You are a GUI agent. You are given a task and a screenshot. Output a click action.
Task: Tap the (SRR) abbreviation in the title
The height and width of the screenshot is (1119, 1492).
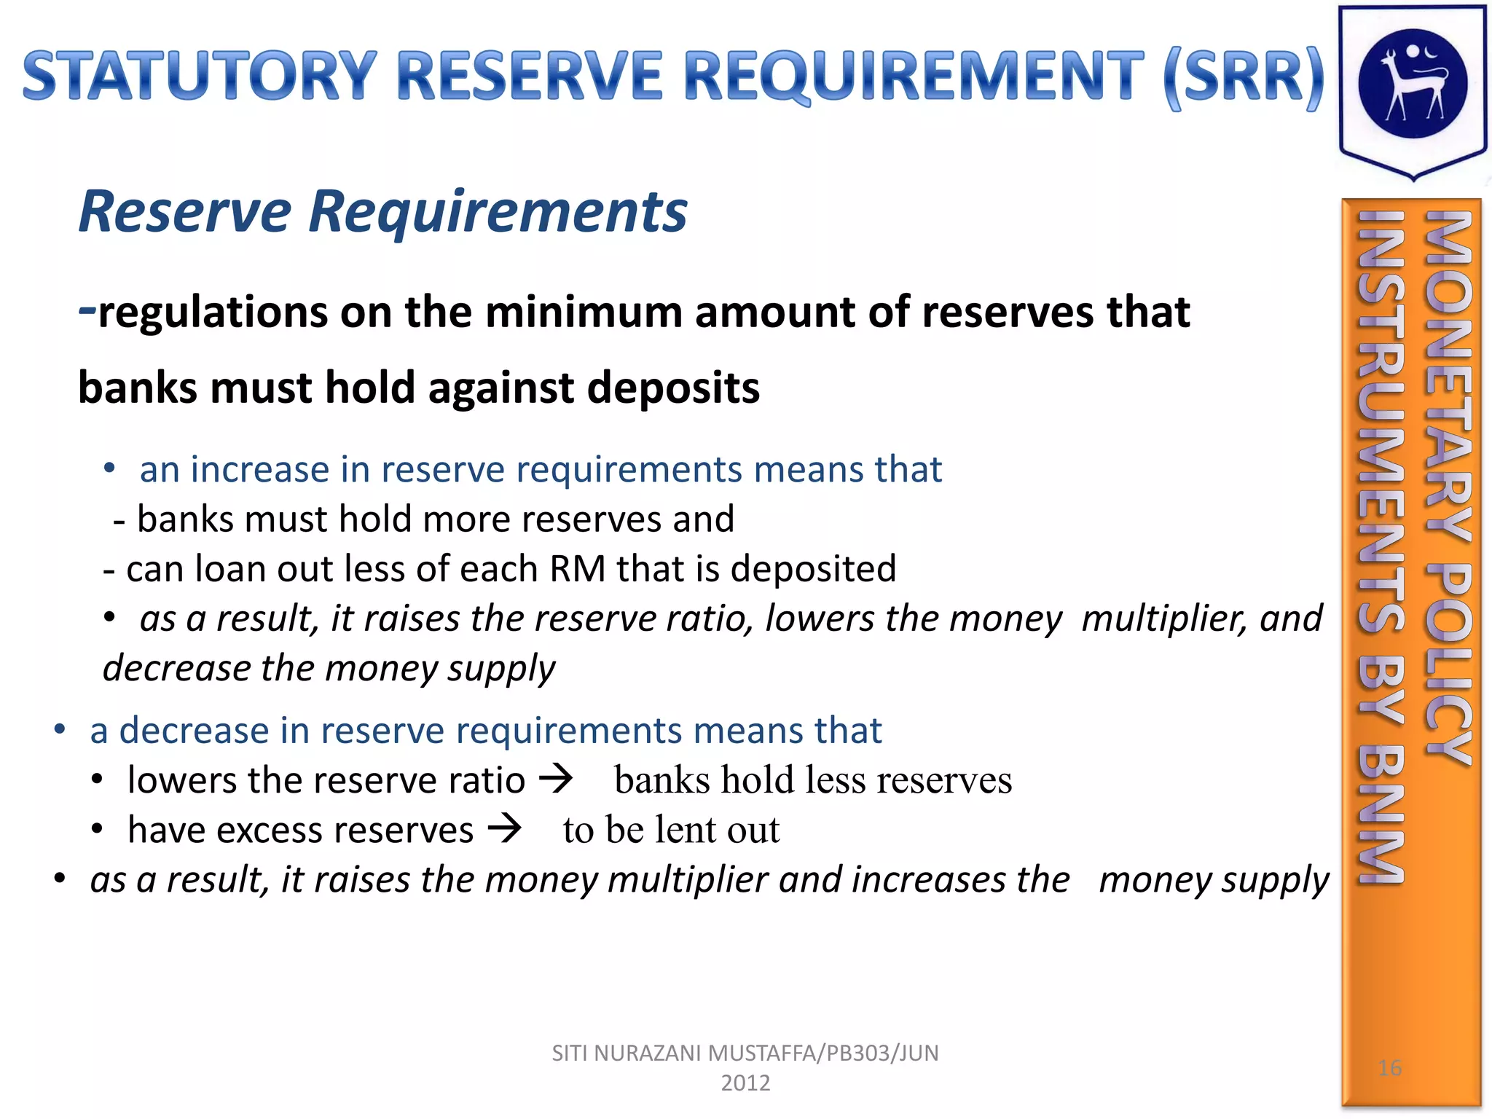1243,77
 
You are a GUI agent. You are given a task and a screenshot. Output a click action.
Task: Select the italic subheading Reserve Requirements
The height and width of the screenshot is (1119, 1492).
382,211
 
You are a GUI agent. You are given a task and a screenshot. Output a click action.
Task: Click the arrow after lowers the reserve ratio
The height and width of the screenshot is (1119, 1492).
556,779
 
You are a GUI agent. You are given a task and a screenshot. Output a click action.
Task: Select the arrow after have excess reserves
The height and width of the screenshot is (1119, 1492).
505,828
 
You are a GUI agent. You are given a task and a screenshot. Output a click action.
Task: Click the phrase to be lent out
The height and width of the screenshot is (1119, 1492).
671,830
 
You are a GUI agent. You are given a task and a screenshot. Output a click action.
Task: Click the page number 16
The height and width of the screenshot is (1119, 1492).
1389,1068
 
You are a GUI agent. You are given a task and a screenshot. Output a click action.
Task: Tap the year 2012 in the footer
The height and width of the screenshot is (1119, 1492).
745,1083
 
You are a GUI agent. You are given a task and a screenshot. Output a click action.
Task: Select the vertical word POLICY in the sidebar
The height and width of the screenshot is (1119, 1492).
1448,663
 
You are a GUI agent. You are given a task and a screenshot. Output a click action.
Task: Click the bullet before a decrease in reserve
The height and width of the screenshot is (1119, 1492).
60,729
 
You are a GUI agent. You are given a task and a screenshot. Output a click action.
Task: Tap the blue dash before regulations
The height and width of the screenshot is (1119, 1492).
87,310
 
